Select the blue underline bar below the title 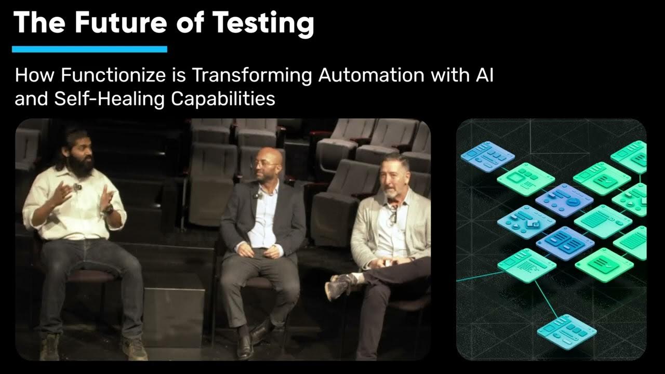89,49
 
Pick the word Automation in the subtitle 371,75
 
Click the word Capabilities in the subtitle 223,98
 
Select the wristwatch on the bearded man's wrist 109,209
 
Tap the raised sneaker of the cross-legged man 340,286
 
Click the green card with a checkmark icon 603,264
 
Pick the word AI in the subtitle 483,75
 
